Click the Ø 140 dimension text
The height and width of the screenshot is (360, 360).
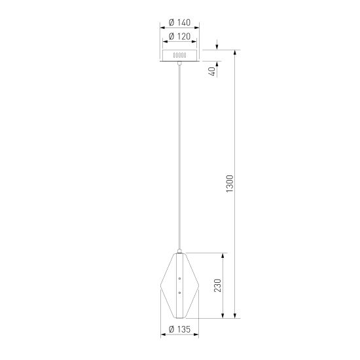(x=179, y=22)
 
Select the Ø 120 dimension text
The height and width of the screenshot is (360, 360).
(x=179, y=37)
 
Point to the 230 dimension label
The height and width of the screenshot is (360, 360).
(x=217, y=286)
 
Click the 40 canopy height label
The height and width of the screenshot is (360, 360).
(x=211, y=71)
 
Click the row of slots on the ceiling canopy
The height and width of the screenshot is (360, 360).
(x=180, y=56)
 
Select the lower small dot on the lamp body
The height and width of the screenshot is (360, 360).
(x=179, y=293)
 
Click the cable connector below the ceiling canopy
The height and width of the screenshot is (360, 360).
(x=180, y=64)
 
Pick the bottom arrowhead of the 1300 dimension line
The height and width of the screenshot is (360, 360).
(x=236, y=317)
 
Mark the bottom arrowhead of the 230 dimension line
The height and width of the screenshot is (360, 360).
(x=225, y=317)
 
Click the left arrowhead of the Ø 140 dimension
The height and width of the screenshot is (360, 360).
(x=162, y=28)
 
